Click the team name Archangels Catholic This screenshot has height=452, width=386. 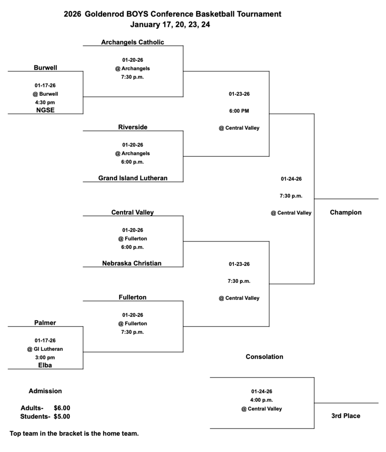[x=132, y=42]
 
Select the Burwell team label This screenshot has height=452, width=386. [x=45, y=68]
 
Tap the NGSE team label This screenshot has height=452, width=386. [x=45, y=110]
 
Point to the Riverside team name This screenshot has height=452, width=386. [x=133, y=127]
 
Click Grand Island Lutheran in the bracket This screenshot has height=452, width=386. [x=133, y=178]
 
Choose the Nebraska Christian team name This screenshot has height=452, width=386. [x=132, y=264]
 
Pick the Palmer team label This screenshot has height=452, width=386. [x=45, y=323]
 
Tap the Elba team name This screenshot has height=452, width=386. [x=45, y=365]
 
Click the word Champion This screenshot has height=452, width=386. [x=346, y=212]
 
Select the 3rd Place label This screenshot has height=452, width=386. [x=346, y=416]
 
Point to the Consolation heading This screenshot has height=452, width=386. [x=264, y=357]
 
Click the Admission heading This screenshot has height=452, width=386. [x=45, y=391]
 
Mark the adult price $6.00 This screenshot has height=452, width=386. [x=62, y=408]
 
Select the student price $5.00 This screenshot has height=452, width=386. [x=62, y=416]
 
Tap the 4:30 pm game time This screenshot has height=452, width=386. [x=45, y=102]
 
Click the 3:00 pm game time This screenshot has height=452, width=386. [x=45, y=358]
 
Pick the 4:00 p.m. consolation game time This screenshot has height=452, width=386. [x=262, y=400]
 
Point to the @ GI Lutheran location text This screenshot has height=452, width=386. [x=45, y=349]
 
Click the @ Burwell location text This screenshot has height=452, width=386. [x=45, y=94]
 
